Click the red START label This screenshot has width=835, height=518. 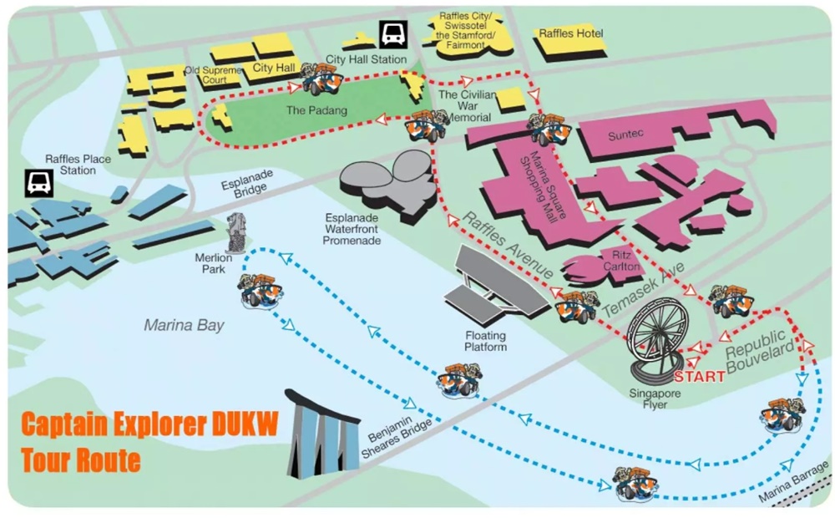699,377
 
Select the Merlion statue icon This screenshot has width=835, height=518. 236,233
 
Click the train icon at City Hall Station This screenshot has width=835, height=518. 393,35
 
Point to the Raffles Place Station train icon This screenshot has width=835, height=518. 39,184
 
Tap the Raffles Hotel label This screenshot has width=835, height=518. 571,33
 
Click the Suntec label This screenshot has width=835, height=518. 625,135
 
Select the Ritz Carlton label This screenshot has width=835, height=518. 621,261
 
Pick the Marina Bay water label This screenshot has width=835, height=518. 185,325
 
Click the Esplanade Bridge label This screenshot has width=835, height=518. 248,184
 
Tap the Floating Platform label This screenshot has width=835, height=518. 485,341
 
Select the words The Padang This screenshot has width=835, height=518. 316,110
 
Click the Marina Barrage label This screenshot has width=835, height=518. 794,481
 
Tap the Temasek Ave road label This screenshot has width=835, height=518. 643,290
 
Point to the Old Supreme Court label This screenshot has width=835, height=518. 213,75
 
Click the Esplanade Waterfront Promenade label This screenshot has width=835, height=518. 352,229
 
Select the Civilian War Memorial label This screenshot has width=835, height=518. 467,106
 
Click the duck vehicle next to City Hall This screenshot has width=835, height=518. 321,79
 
